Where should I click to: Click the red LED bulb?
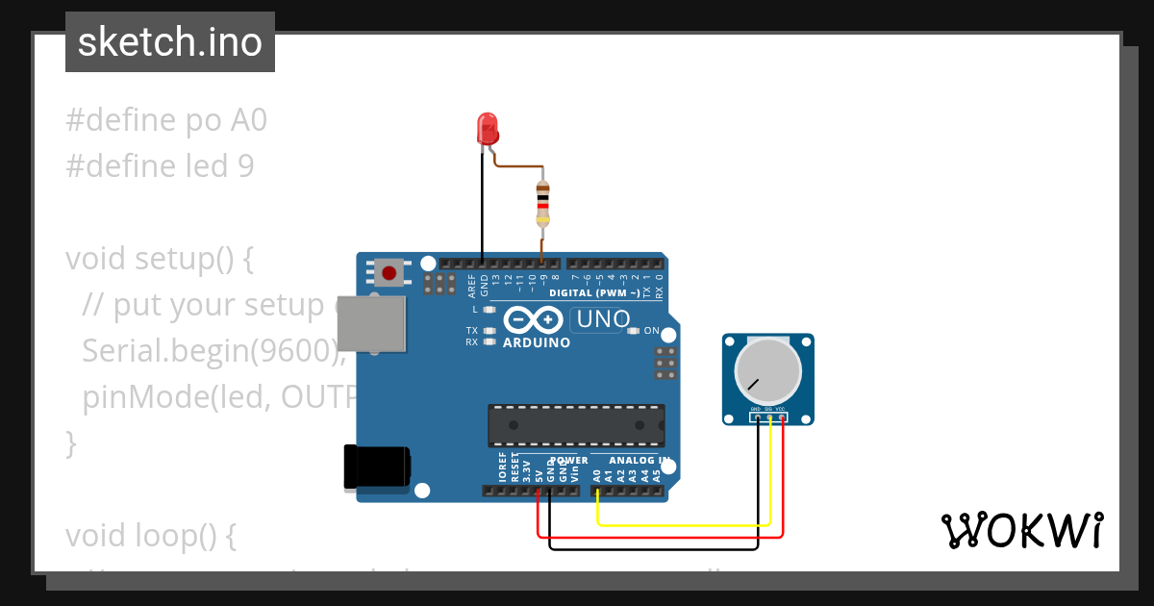click(x=488, y=126)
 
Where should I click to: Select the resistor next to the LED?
click(x=542, y=206)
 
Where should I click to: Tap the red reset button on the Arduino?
click(x=389, y=273)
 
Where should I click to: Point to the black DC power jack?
click(x=376, y=468)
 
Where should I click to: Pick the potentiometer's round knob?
click(x=767, y=370)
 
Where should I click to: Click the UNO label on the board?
click(x=602, y=319)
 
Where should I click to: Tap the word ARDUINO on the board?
click(x=537, y=342)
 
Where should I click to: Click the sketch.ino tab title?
click(x=170, y=42)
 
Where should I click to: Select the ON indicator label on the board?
click(x=651, y=331)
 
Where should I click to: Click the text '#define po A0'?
click(x=166, y=120)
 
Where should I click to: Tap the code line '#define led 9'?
click(x=160, y=166)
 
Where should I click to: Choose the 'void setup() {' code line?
click(x=159, y=259)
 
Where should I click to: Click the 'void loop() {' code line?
click(x=150, y=536)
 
